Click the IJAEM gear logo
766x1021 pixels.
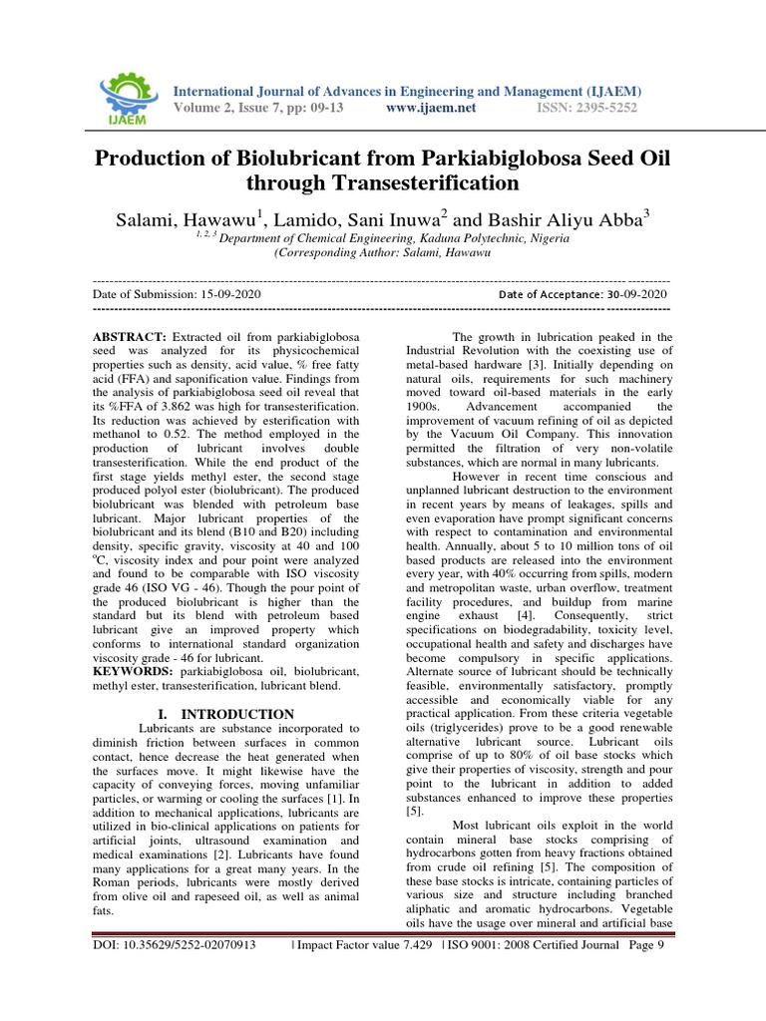coord(128,96)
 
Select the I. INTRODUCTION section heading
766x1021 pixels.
coord(226,714)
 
